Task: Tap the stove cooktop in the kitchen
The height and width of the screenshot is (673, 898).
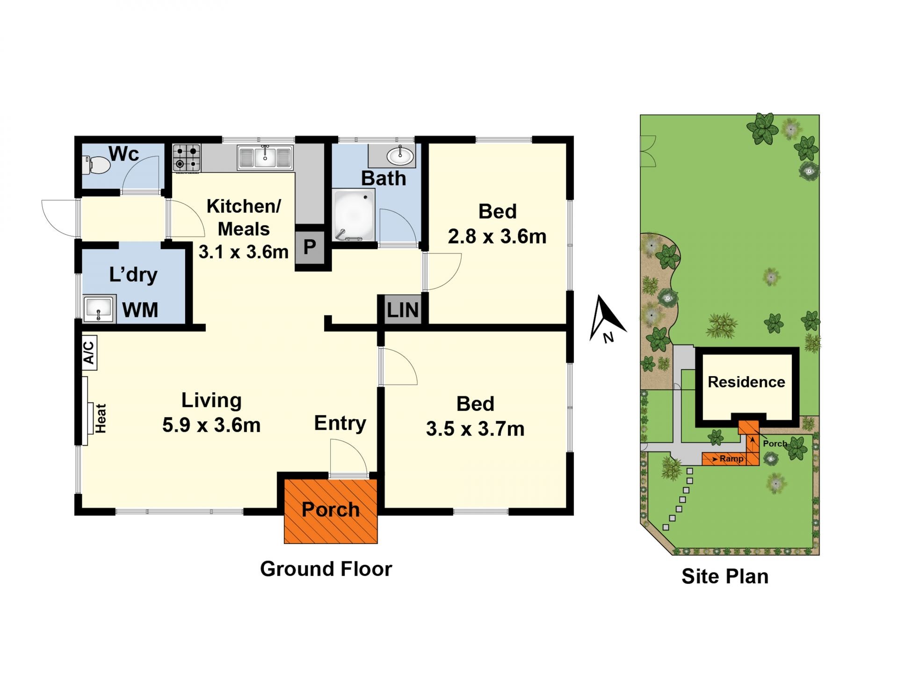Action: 187,158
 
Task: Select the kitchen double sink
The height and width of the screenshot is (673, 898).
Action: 265,157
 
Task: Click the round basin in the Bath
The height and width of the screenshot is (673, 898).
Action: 400,156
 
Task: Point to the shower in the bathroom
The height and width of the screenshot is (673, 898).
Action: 354,215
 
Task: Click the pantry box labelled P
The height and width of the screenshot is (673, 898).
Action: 310,246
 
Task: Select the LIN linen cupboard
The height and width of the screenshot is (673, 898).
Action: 402,310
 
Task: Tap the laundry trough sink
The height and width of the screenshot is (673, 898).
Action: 99,308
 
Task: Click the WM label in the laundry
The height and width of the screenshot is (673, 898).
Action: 140,310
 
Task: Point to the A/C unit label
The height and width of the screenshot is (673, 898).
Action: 89,353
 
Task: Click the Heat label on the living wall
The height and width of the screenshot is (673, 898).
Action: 101,418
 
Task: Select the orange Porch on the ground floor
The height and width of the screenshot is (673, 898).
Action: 331,511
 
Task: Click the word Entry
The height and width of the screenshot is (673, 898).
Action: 340,423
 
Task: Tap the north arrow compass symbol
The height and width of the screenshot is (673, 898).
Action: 607,319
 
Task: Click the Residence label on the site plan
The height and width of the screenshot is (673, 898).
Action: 746,382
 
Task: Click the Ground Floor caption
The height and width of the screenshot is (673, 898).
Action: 326,569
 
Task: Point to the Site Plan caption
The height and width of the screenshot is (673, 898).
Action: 725,576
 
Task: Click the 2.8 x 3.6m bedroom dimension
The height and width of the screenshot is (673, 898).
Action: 497,236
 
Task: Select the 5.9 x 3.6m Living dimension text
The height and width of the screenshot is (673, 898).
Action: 211,425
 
